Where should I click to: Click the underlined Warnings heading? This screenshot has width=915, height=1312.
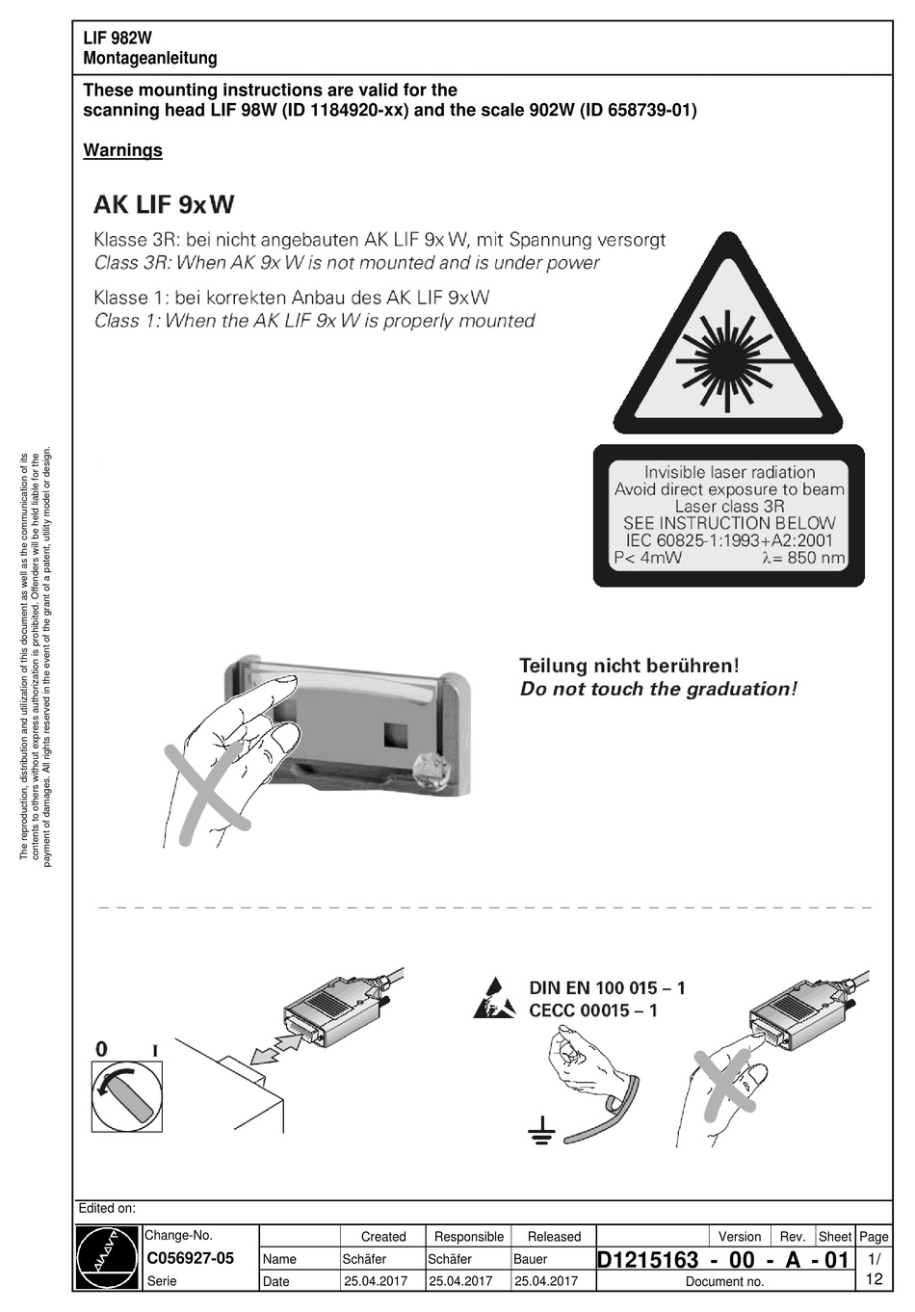pos(122,150)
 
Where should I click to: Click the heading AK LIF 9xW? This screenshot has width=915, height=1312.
pos(164,204)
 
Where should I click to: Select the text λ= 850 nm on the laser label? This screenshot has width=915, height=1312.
pos(803,558)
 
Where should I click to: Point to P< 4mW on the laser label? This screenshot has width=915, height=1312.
pos(647,558)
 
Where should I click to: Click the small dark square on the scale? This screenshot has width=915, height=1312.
pos(396,734)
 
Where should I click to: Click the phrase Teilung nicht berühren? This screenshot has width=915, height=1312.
pos(629,665)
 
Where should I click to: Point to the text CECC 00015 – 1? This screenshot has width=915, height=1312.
pos(593,1010)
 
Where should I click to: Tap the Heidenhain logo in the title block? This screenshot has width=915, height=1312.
pos(108,1257)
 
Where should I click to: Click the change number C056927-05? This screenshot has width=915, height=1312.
pos(190,1258)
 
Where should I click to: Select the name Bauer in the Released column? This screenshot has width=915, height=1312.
pos(530,1259)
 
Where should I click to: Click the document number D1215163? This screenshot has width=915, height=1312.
pos(647,1260)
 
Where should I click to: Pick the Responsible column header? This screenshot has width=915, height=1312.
pos(469,1237)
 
